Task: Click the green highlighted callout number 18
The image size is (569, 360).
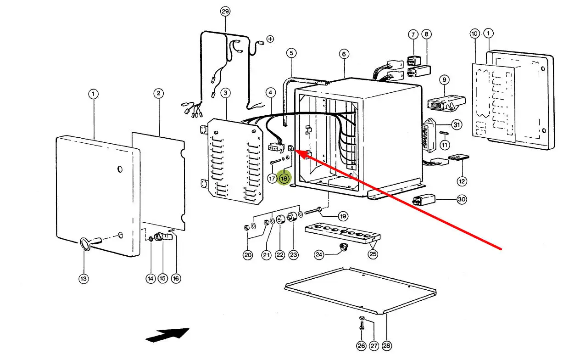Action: click(284, 178)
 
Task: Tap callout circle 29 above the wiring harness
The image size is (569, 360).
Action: click(225, 11)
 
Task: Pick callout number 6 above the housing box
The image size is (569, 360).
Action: click(344, 54)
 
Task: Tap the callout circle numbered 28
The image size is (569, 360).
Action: click(386, 345)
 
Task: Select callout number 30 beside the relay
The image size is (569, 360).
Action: click(462, 200)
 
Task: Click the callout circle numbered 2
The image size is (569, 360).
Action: click(158, 94)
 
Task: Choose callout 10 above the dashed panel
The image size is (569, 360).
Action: click(474, 34)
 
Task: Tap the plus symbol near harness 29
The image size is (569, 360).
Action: click(270, 39)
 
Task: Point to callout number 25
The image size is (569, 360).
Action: click(373, 254)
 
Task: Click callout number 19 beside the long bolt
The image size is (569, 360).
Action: click(343, 216)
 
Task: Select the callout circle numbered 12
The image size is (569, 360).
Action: click(462, 181)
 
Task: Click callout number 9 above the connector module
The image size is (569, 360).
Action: click(444, 80)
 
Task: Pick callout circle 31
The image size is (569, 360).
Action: click(456, 124)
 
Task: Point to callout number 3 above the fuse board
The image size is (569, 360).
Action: click(225, 93)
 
